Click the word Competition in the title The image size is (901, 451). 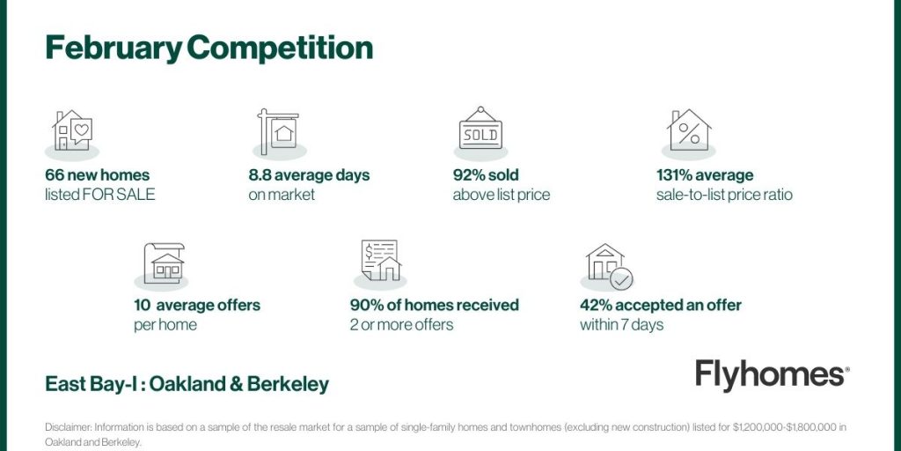pos(280,49)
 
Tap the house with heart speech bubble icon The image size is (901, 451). pos(72,131)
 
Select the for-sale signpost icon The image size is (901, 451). pos(278,131)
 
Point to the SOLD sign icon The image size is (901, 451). pos(481,129)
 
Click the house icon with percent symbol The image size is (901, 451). pos(688,129)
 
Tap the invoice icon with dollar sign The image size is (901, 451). pos(381,261)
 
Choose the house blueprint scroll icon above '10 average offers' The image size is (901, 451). pos(164,262)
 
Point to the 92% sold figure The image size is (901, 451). pos(486,175)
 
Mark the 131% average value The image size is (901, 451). pos(705,175)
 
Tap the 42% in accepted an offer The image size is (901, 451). pos(596,305)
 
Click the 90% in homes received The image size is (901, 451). pos(366,305)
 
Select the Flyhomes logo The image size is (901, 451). pos(773,375)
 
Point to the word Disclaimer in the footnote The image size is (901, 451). pos(69,427)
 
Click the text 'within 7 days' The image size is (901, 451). pos(622,325)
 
